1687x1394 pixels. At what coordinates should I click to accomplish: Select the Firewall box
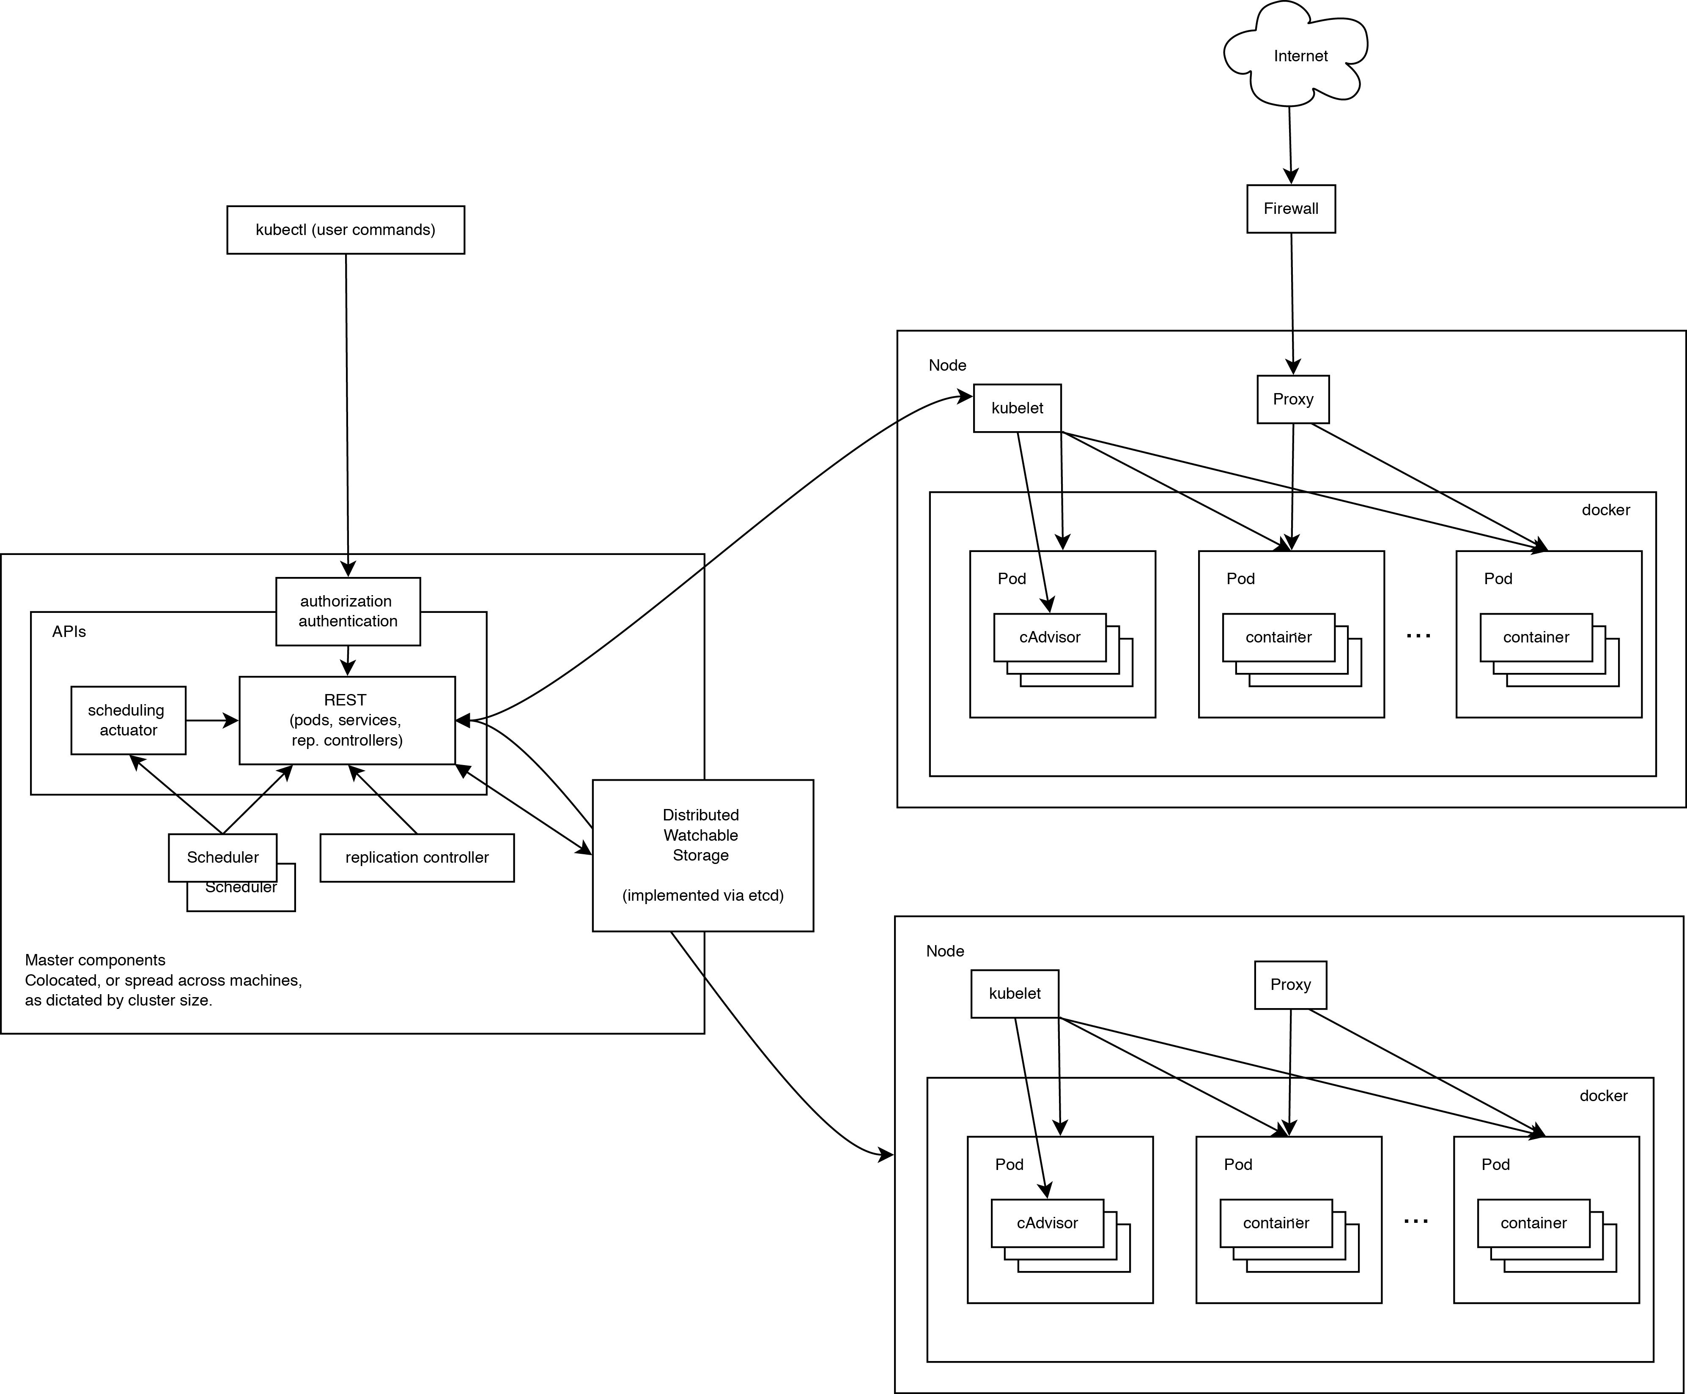1291,209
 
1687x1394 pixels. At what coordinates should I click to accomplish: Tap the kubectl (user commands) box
346,230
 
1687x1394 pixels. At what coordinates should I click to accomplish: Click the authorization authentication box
348,611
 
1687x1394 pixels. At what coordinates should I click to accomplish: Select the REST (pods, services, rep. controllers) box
347,720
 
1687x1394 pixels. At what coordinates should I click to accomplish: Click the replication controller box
417,858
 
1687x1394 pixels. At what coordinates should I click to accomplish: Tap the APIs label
69,632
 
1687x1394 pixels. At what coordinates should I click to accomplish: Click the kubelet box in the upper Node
1017,408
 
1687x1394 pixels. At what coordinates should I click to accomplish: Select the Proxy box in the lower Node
1290,984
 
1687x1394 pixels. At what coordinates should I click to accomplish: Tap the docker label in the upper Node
1605,510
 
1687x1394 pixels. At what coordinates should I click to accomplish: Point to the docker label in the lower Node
1603,1095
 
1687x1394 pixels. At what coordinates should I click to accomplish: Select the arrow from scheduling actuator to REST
211,721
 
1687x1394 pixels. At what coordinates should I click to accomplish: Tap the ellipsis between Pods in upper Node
1418,636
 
